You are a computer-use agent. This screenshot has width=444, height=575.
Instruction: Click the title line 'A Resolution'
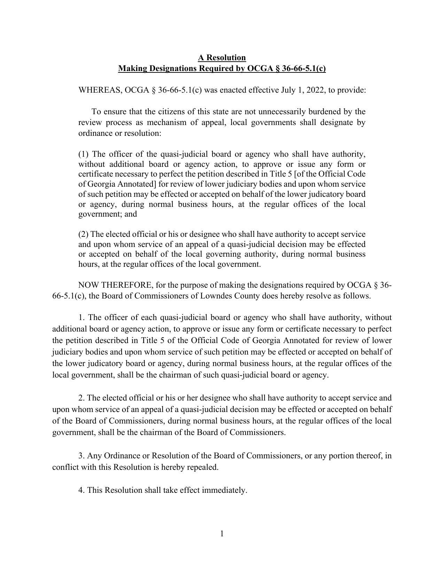click(x=222, y=57)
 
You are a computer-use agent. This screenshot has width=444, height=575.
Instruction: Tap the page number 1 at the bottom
click(x=222, y=534)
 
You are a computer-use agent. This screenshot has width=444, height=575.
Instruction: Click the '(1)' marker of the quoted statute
click(x=84, y=154)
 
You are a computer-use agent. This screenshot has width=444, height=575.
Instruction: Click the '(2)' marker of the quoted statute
click(x=84, y=234)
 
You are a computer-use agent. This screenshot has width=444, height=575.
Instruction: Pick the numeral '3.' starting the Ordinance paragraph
click(x=81, y=456)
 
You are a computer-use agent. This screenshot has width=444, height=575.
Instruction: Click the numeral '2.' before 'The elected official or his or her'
click(x=81, y=398)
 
